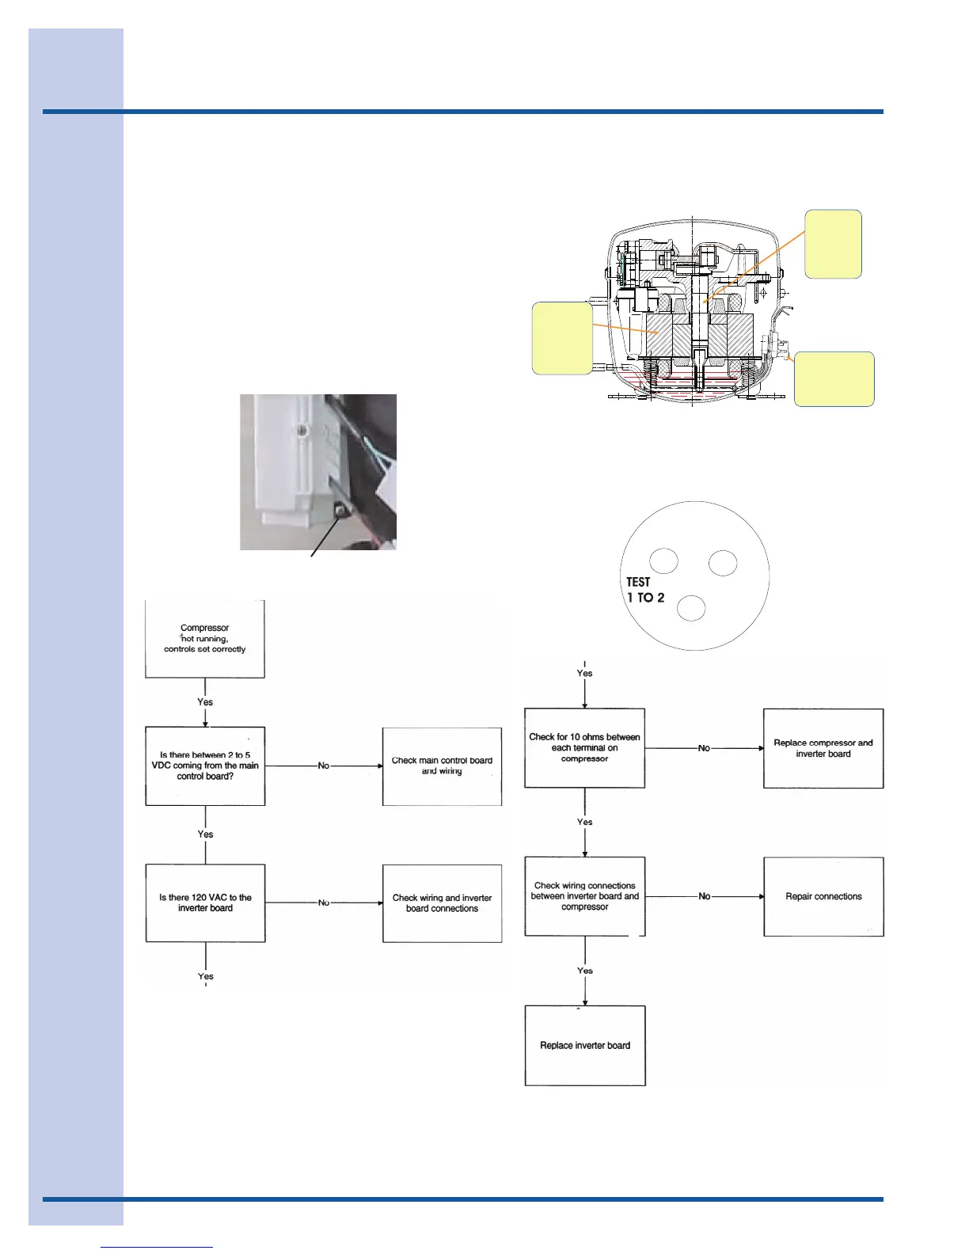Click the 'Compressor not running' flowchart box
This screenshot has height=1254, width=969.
coord(205,638)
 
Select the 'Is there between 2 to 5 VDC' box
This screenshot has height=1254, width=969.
coord(205,766)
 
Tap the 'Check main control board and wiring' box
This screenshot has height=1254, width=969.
coord(442,766)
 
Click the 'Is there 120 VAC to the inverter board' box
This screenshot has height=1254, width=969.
coord(205,902)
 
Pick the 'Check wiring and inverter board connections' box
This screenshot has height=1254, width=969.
coord(442,902)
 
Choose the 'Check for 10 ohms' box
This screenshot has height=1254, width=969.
coord(584,747)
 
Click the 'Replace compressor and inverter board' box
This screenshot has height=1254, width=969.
coord(823,748)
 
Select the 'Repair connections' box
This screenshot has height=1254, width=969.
coord(823,896)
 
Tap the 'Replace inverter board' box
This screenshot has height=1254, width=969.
coord(585,1045)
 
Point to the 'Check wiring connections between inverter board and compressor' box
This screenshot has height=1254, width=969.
coord(585,896)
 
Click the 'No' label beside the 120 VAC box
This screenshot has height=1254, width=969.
coord(324,902)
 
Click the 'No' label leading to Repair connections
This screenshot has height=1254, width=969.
coord(705,896)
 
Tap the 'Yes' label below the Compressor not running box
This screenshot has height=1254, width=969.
coord(205,702)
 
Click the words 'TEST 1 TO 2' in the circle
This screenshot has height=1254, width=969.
coord(644,590)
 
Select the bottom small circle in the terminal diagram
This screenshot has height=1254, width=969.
coord(691,608)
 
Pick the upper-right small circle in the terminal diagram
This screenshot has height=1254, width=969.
coord(723,563)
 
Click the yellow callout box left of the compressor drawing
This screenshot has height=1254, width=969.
coord(562,338)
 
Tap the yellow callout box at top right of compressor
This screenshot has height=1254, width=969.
coord(833,244)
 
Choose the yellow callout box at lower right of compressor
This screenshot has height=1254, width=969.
coord(834,379)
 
